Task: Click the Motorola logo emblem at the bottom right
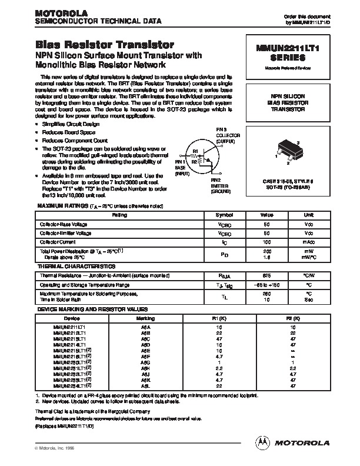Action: point(261,441)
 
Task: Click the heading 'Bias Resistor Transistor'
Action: point(105,45)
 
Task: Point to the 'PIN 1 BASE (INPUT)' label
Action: point(179,167)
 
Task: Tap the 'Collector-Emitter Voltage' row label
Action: point(66,234)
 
